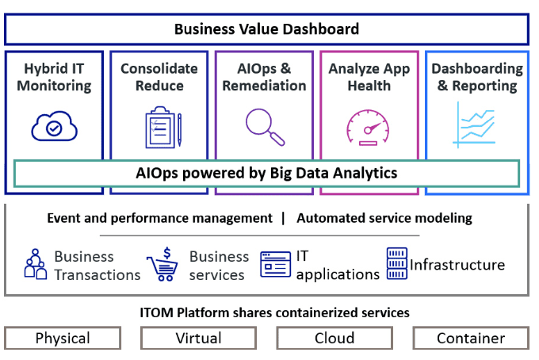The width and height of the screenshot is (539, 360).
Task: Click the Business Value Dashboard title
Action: pyautogui.click(x=267, y=29)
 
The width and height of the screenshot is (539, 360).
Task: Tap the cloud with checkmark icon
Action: pyautogui.click(x=55, y=126)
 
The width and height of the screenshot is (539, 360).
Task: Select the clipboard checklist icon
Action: pyautogui.click(x=163, y=127)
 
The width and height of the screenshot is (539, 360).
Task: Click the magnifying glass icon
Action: pyautogui.click(x=265, y=127)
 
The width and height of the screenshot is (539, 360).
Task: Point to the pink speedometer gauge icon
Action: pyautogui.click(x=368, y=127)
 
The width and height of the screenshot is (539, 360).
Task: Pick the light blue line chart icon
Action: pyautogui.click(x=474, y=124)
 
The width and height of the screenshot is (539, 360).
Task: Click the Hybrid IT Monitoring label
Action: pyautogui.click(x=55, y=77)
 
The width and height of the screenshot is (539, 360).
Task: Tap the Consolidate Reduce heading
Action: pyautogui.click(x=159, y=77)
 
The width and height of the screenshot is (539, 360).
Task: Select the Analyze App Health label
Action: pyautogui.click(x=369, y=77)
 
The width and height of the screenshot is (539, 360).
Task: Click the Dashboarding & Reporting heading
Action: pyautogui.click(x=477, y=77)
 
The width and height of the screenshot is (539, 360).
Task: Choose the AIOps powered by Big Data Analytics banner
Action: pyautogui.click(x=267, y=174)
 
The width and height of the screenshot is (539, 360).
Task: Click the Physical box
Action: pyautogui.click(x=63, y=338)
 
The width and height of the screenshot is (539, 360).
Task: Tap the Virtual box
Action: pyautogui.click(x=198, y=338)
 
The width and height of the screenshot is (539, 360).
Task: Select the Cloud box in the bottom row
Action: pyautogui.click(x=334, y=338)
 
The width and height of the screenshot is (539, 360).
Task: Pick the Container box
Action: pyautogui.click(x=471, y=338)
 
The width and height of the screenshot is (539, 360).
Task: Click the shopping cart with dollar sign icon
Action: pyautogui.click(x=162, y=264)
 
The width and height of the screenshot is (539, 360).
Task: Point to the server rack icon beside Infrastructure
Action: pyautogui.click(x=397, y=263)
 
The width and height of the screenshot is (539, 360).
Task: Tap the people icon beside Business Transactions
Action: pyautogui.click(x=36, y=264)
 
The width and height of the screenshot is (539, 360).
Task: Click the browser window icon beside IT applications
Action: pyautogui.click(x=275, y=264)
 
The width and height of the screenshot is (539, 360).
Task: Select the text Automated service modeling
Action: pyautogui.click(x=384, y=218)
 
